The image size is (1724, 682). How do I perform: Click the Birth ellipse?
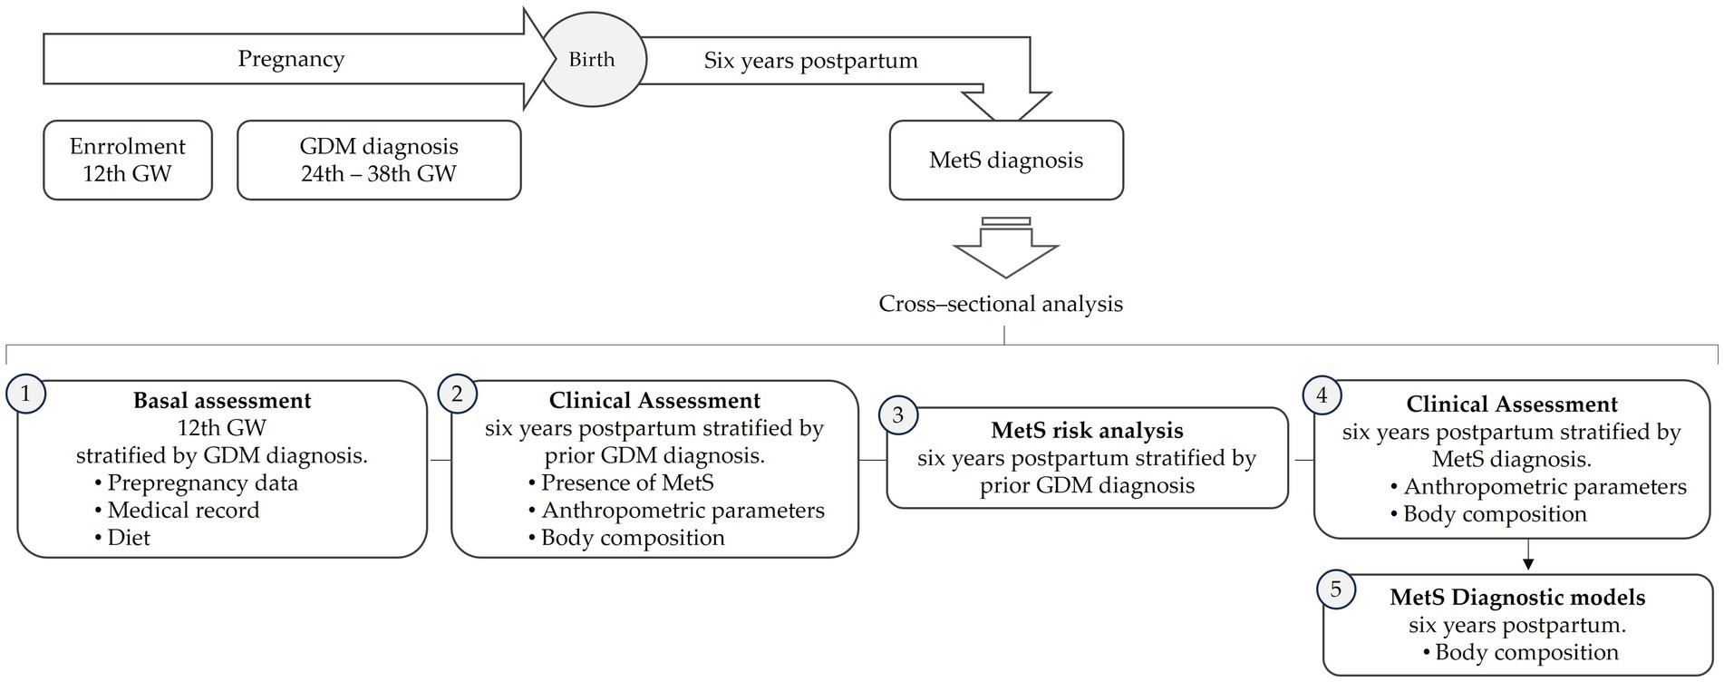tap(592, 60)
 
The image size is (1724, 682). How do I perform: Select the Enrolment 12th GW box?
tap(127, 160)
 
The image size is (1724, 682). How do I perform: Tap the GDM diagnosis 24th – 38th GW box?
tap(379, 160)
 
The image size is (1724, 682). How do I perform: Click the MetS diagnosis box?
tap(1006, 161)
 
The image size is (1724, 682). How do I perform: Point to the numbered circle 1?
tap(25, 394)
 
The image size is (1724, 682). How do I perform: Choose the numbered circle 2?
tap(457, 394)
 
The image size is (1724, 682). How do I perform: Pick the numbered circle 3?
tap(897, 415)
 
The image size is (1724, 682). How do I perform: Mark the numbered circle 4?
tap(1322, 395)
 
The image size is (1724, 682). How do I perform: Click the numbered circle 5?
tap(1335, 589)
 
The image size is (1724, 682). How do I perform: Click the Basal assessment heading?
tap(222, 401)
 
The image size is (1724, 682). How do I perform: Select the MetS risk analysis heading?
tap(1087, 430)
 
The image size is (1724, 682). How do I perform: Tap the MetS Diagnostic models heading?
tap(1517, 598)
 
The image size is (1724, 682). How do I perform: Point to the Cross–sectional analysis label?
tap(1001, 304)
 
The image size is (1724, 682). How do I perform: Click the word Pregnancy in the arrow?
tap(291, 59)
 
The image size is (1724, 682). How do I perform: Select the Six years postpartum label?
tap(810, 61)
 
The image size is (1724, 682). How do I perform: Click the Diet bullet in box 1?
tap(128, 538)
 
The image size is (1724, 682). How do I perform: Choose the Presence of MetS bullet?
tap(626, 482)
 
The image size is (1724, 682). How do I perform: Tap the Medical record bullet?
tap(182, 511)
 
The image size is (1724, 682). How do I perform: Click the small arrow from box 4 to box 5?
tap(1528, 555)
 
